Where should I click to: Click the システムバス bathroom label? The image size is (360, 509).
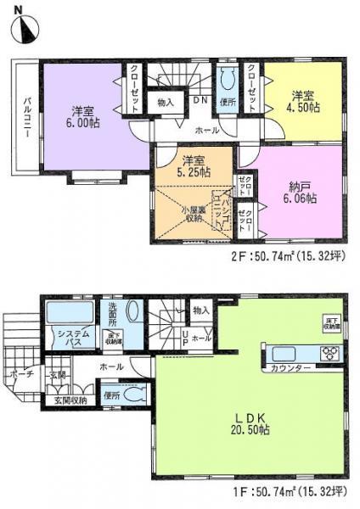click(65, 339)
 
